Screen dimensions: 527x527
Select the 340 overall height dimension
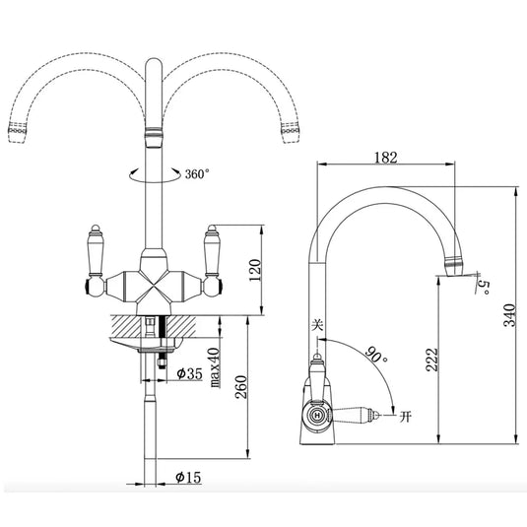(509, 314)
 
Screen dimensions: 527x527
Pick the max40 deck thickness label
(213, 365)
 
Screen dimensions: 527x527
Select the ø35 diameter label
(188, 374)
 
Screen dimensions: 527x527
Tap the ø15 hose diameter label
(187, 479)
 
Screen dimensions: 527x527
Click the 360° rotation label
(197, 173)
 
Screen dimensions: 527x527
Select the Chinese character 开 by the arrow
(405, 417)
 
